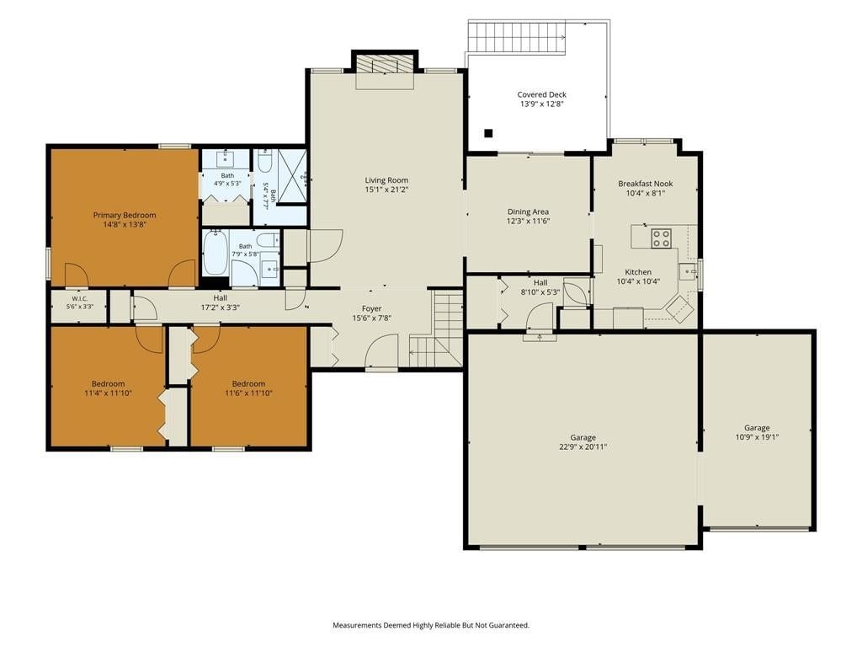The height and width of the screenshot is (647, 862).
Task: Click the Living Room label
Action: click(x=386, y=180)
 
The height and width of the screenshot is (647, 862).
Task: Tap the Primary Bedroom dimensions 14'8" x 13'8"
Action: click(x=125, y=224)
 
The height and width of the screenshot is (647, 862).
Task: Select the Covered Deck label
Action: click(x=541, y=94)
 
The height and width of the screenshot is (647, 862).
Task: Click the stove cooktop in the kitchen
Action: click(x=661, y=238)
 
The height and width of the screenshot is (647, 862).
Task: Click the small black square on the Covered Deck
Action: click(x=488, y=132)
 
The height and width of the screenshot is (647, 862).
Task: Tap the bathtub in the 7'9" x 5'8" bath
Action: click(x=215, y=253)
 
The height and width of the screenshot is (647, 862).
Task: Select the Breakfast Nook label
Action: click(x=646, y=184)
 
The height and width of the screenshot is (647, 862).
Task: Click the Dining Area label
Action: click(x=528, y=211)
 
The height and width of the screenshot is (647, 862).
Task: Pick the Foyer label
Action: click(x=371, y=308)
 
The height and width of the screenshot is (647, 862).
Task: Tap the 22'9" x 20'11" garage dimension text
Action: click(x=583, y=447)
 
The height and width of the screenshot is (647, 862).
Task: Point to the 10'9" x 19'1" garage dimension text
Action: click(x=757, y=437)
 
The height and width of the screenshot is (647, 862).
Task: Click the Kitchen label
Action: click(x=638, y=272)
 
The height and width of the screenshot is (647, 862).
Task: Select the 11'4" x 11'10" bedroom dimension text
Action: click(x=108, y=393)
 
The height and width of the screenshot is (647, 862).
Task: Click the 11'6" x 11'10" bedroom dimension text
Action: click(x=248, y=393)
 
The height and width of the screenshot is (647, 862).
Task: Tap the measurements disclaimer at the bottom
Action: click(x=431, y=625)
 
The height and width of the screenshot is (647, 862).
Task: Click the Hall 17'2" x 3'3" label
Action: click(x=220, y=303)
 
